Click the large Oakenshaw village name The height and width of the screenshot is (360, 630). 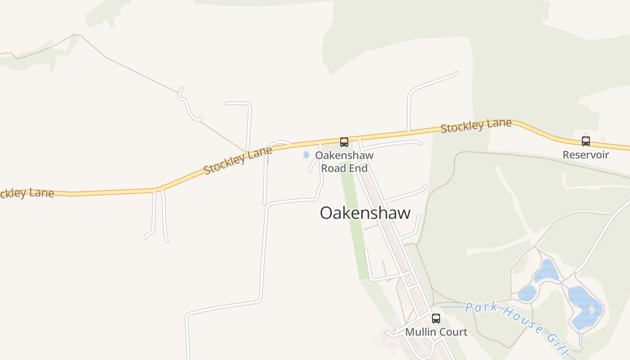pyautogui.click(x=365, y=213)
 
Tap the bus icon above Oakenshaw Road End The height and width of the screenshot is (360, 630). pyautogui.click(x=344, y=142)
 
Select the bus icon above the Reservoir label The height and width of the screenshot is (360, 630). pyautogui.click(x=585, y=141)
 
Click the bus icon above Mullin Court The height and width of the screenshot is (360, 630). pyautogui.click(x=436, y=319)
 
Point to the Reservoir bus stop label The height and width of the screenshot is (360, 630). pyautogui.click(x=585, y=155)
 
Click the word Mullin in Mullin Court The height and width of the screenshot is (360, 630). pyautogui.click(x=421, y=332)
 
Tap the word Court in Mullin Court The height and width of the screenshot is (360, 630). pyautogui.click(x=453, y=332)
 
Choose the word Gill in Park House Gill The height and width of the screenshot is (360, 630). pyautogui.click(x=558, y=345)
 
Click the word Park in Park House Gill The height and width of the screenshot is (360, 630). pyautogui.click(x=481, y=307)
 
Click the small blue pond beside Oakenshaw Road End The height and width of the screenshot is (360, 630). pyautogui.click(x=306, y=155)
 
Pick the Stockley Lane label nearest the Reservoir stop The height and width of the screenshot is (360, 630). pyautogui.click(x=476, y=126)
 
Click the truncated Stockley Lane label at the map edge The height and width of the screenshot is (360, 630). pyautogui.click(x=27, y=193)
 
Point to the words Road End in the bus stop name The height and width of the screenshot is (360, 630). pyautogui.click(x=344, y=168)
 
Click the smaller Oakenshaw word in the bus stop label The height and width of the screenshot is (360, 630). pyautogui.click(x=344, y=155)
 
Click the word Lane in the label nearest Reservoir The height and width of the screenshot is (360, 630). pyautogui.click(x=501, y=123)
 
